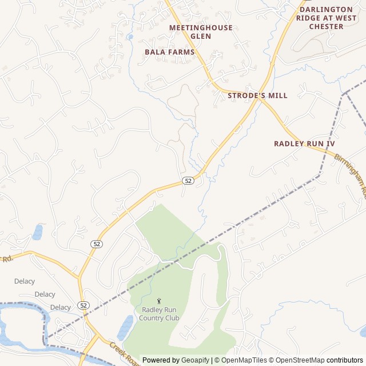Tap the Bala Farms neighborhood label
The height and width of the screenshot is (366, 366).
pyautogui.click(x=169, y=52)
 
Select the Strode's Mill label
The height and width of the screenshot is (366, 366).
pyautogui.click(x=257, y=96)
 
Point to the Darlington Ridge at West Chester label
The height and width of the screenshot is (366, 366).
pyautogui.click(x=326, y=18)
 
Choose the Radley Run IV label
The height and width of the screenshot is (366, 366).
pyautogui.click(x=304, y=144)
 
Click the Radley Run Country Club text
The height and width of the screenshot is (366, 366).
pyautogui.click(x=159, y=314)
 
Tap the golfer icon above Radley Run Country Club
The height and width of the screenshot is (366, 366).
pyautogui.click(x=159, y=301)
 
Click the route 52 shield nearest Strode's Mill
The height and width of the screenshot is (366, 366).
pyautogui.click(x=188, y=181)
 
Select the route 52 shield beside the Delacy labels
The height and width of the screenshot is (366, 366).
pyautogui.click(x=84, y=305)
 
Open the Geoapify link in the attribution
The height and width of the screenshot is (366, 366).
pyautogui.click(x=196, y=360)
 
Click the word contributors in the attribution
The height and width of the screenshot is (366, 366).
pyautogui.click(x=345, y=360)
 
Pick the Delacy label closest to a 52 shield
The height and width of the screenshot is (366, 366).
pyautogui.click(x=60, y=307)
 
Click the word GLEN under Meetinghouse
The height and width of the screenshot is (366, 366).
pyautogui.click(x=201, y=36)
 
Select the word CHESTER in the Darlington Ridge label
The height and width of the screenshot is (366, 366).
pyautogui.click(x=326, y=26)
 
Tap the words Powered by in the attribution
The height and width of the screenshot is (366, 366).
pyautogui.click(x=161, y=360)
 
